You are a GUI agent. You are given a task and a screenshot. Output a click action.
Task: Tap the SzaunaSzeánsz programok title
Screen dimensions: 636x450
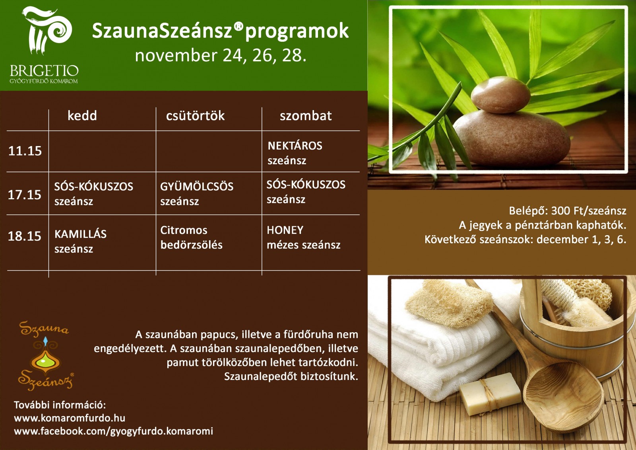pyautogui.click(x=220, y=31)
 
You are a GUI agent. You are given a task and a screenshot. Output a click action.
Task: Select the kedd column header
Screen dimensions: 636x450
pyautogui.click(x=82, y=116)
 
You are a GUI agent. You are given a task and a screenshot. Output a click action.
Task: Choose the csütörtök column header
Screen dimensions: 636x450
pyautogui.click(x=195, y=116)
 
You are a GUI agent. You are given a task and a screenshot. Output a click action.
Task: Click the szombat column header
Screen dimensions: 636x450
pyautogui.click(x=306, y=116)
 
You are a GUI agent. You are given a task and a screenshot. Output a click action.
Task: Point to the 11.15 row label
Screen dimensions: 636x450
pyautogui.click(x=25, y=151)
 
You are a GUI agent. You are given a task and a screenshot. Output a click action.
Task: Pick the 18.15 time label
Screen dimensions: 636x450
pyautogui.click(x=25, y=236)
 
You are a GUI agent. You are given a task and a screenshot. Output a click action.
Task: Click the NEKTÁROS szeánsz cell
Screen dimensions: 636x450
pyautogui.click(x=295, y=153)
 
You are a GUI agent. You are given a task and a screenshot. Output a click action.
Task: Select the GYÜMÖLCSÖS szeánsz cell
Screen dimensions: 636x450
pyautogui.click(x=197, y=194)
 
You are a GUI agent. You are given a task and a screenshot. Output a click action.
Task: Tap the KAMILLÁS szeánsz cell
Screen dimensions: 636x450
pyautogui.click(x=81, y=242)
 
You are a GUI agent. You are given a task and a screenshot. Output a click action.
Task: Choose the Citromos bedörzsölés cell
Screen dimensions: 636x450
pyautogui.click(x=191, y=238)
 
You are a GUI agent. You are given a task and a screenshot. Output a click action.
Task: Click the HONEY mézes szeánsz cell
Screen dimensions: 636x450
pyautogui.click(x=304, y=238)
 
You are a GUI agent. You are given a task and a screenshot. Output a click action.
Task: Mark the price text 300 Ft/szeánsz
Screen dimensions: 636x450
pyautogui.click(x=589, y=210)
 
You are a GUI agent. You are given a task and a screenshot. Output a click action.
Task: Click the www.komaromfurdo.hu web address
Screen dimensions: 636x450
pyautogui.click(x=70, y=418)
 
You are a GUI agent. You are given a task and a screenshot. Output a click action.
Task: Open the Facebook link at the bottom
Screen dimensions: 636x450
pyautogui.click(x=114, y=431)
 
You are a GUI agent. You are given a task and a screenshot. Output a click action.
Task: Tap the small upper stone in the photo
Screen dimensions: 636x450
pyautogui.click(x=500, y=95)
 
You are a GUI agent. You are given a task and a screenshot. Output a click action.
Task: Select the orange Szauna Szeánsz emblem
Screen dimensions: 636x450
pyautogui.click(x=45, y=356)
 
